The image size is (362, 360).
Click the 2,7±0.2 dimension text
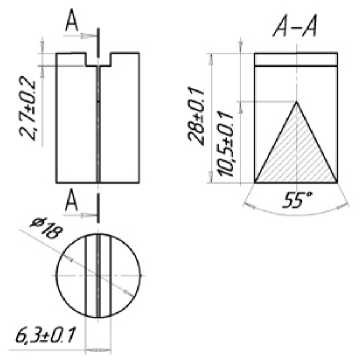click(28, 108)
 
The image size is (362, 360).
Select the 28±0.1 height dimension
click(197, 115)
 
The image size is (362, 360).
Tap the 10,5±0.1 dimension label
click(227, 144)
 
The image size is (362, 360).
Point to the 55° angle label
click(298, 201)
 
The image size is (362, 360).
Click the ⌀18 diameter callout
click(45, 228)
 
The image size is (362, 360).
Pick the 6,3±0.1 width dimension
click(46, 336)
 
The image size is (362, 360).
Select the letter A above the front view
click(72, 21)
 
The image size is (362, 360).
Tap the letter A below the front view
click(72, 201)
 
